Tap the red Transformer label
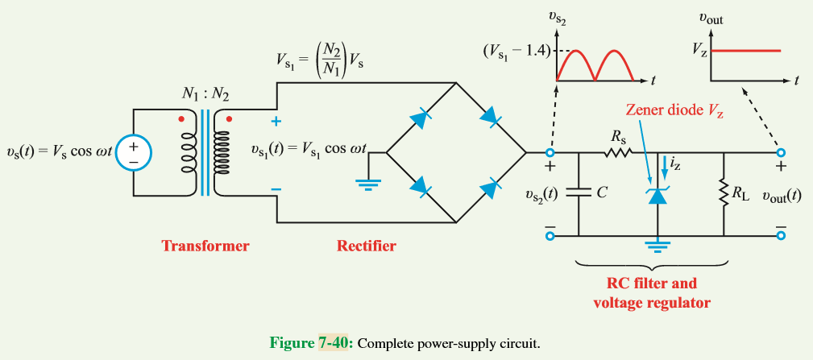(205, 246)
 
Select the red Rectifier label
(366, 246)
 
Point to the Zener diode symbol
(659, 194)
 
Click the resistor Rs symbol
(619, 151)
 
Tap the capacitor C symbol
(579, 193)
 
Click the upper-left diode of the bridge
(419, 119)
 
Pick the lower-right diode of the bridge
(489, 189)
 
